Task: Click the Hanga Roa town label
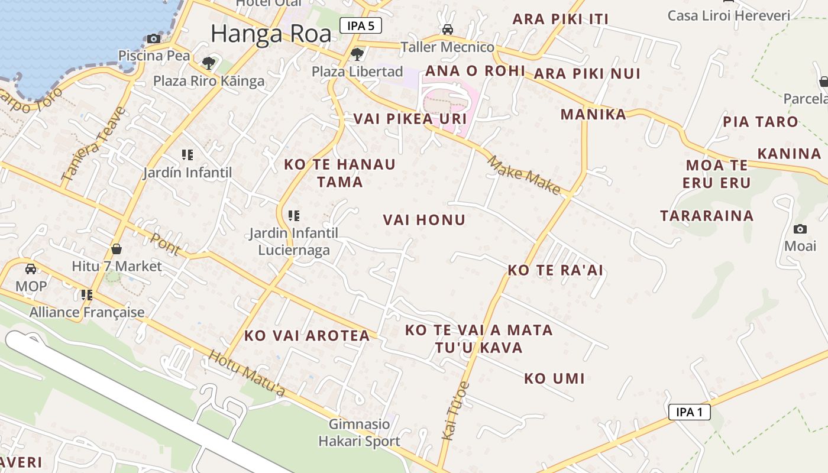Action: [271, 34]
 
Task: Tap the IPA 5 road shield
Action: [360, 25]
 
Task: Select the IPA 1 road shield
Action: [689, 412]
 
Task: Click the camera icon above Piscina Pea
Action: [154, 39]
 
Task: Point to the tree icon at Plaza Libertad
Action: [357, 54]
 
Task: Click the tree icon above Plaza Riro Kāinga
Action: [208, 63]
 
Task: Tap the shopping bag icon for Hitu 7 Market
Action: [117, 249]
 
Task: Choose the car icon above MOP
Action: [31, 269]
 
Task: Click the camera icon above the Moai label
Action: [800, 229]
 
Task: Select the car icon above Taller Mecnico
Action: [448, 30]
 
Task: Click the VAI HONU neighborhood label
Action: [424, 220]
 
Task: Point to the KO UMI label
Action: [554, 378]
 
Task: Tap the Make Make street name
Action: [523, 174]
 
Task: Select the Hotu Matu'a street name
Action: [247, 374]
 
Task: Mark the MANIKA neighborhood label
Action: [593, 114]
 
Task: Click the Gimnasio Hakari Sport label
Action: [359, 433]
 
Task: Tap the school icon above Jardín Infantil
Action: [187, 155]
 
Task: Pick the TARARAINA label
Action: [707, 216]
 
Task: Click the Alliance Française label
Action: [87, 312]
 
